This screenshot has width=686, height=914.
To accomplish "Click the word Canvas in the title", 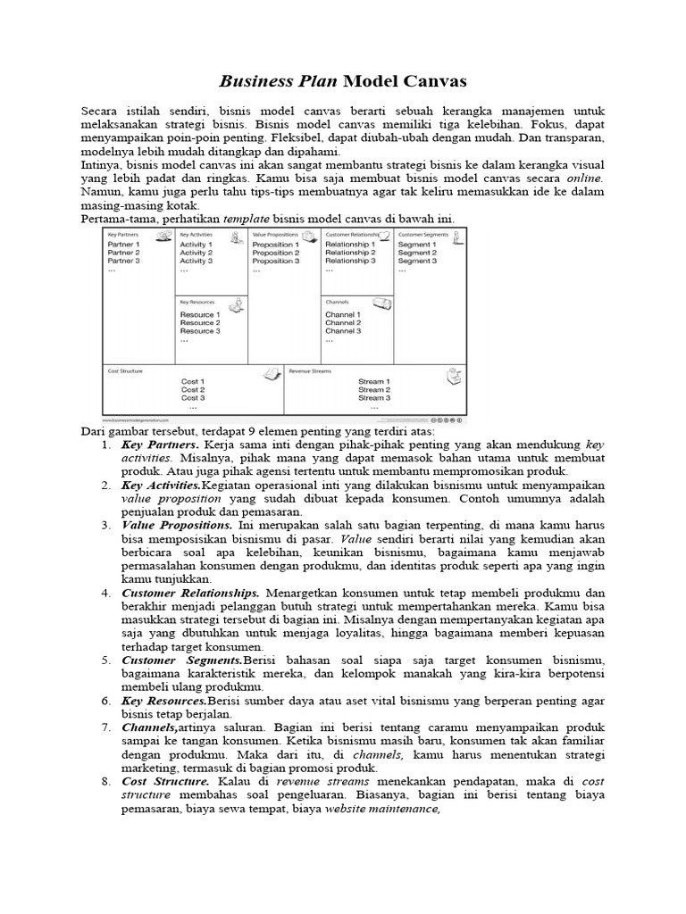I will (x=428, y=82).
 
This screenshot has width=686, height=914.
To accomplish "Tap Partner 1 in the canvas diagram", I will (x=123, y=244).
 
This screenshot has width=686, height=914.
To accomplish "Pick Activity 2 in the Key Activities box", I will (x=196, y=253).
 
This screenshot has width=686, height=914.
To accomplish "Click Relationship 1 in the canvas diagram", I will (x=348, y=244).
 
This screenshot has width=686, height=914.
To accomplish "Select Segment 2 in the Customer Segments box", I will (x=417, y=253).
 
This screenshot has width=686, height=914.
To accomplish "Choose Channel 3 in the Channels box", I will (x=343, y=331).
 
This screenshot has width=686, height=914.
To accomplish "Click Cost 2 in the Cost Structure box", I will (x=193, y=390).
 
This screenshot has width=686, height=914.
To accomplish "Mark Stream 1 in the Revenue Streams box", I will (x=374, y=381).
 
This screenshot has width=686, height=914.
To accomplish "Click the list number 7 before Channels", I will (x=105, y=727).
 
